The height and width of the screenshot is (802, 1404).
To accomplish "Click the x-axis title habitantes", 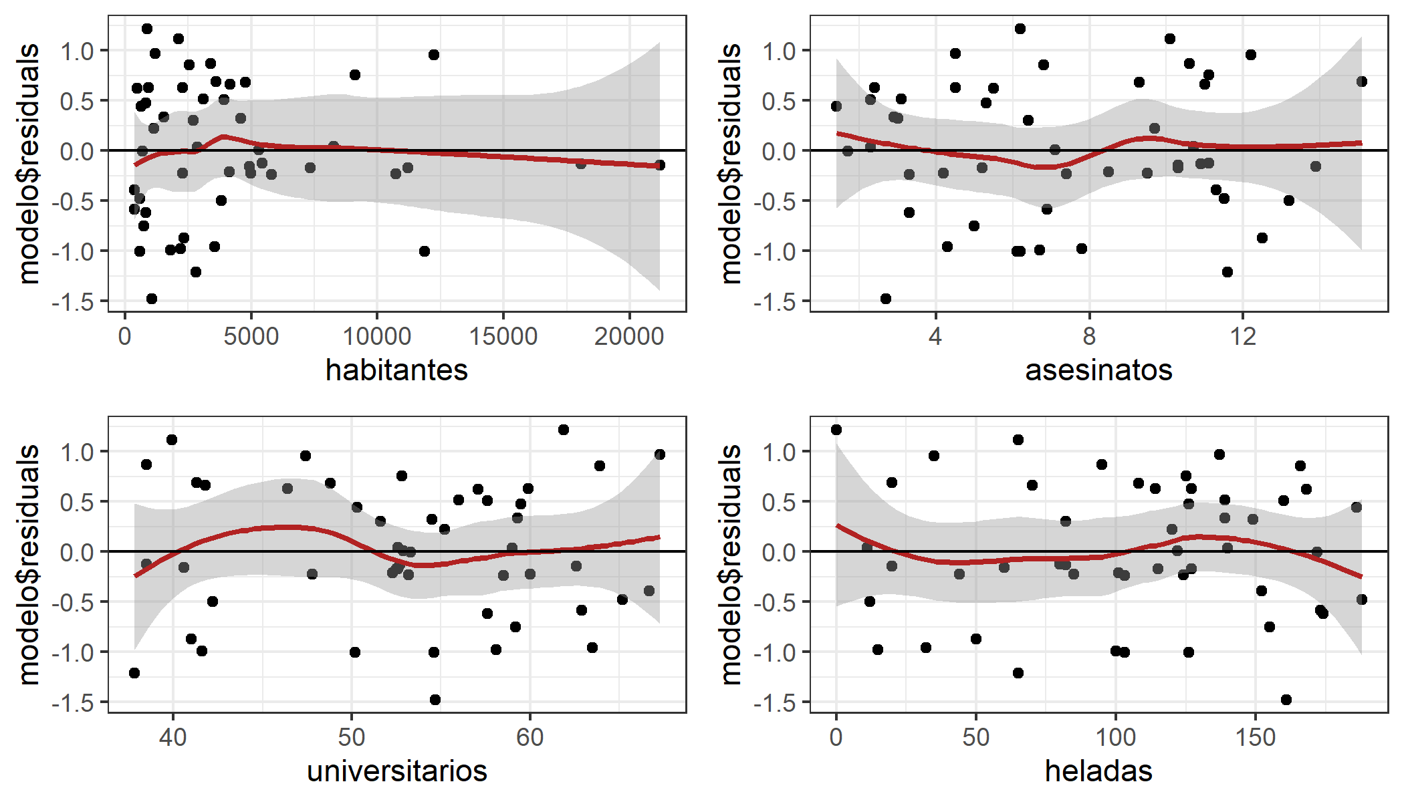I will pos(396,370).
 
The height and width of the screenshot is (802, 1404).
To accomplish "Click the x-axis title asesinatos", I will pos(1098,370).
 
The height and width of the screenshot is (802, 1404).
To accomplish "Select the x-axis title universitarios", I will pos(396,771).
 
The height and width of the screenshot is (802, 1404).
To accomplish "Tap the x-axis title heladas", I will pos(1098,771).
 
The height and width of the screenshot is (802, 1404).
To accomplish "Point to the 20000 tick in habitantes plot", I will pos(629,336).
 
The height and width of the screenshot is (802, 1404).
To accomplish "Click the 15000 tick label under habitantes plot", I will pos(503,336).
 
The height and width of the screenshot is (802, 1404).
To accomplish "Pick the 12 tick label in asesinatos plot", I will pos(1243,336).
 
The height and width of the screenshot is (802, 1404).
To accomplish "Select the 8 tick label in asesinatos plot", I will pos(1089,336).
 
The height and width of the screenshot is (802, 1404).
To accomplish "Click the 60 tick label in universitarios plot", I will pos(530,737).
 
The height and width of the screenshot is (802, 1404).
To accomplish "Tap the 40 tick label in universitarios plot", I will pos(172,737).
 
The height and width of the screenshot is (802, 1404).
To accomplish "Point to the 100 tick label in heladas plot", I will pos(1115,737).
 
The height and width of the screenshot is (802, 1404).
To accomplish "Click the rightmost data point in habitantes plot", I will pos(660,165).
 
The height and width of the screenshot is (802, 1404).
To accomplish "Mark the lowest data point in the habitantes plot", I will pos(152,299).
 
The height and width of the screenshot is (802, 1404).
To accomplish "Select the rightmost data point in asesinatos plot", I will pos(1361,82).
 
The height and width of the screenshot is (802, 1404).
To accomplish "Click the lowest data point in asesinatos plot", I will pos(886,299).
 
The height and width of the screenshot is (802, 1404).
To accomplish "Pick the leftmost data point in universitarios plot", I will pos(134,673).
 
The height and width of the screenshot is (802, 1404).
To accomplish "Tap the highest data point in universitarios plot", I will pos(564,430).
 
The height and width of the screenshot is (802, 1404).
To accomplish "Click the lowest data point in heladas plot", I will pos(1286,700).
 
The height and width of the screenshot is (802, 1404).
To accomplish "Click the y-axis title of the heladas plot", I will pos(731,565).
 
